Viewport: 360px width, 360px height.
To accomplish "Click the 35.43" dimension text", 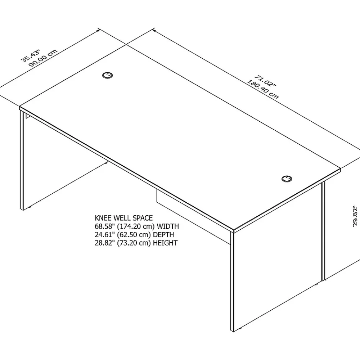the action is [x=31, y=55].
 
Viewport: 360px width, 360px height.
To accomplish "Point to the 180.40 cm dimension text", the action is [x=262, y=89].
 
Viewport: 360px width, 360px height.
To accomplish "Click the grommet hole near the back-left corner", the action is [x=107, y=75].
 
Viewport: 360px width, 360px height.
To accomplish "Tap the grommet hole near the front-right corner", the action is [x=287, y=179].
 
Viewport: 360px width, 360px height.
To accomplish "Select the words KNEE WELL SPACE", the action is [x=124, y=218].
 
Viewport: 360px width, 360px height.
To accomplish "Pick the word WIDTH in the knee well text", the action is [x=168, y=226].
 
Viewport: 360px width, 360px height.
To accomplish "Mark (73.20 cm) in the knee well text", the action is [x=134, y=243].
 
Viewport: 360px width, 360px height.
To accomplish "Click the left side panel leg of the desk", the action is [x=22, y=161].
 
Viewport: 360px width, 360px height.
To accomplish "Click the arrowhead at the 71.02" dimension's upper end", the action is [x=154, y=30].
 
